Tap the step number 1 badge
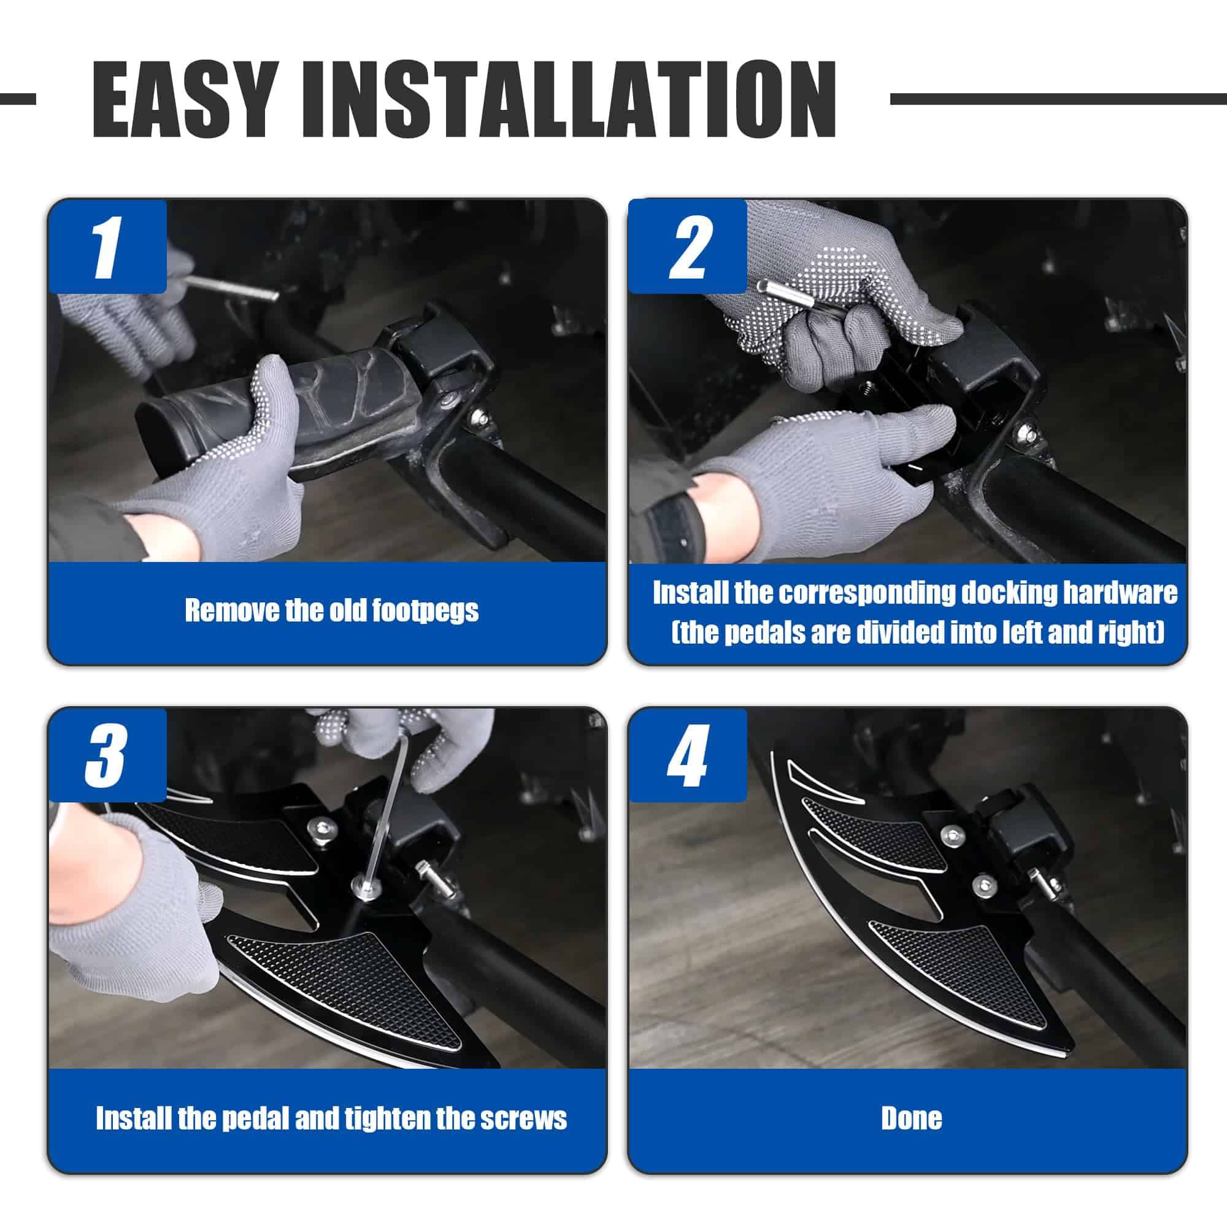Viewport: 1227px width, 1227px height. click(x=108, y=247)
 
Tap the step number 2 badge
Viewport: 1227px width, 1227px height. click(x=688, y=247)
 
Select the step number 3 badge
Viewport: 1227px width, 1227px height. click(x=108, y=755)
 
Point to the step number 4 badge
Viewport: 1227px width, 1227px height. click(x=688, y=755)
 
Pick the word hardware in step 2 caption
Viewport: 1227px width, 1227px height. click(x=1120, y=593)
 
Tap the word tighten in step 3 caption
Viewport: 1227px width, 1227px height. click(x=387, y=1119)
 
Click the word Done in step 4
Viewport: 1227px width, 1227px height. click(x=912, y=1118)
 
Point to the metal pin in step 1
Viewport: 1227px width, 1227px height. click(x=233, y=288)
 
